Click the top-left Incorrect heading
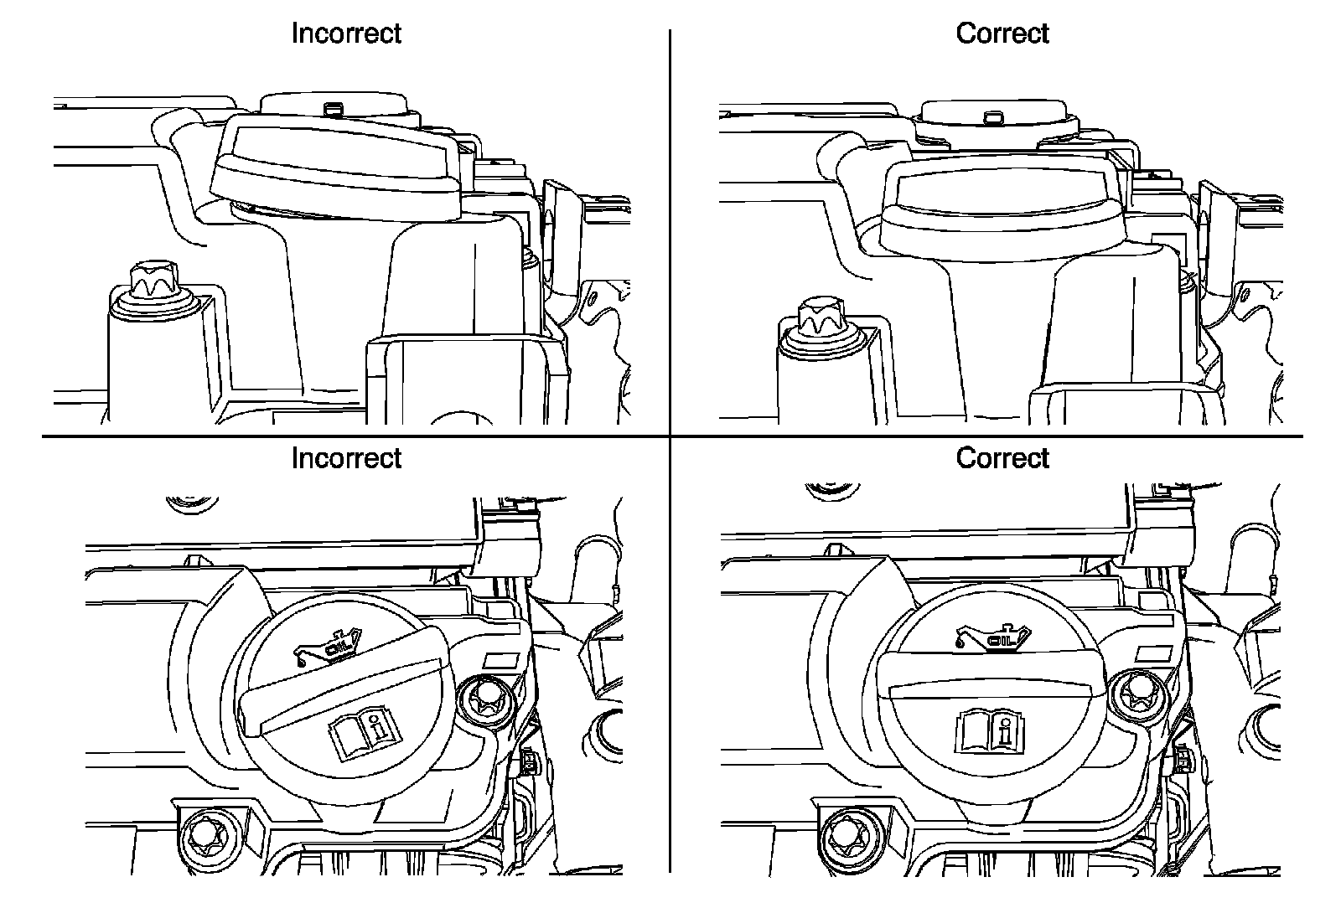pos(346,34)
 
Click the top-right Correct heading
pos(1002,34)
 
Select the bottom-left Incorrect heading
pos(346,458)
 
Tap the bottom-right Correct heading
pos(1002,458)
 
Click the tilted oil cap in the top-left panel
pos(337,168)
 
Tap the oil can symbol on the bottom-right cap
pos(993,637)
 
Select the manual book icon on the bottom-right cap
pos(990,729)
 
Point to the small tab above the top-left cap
pos(334,109)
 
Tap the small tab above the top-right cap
pos(995,116)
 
